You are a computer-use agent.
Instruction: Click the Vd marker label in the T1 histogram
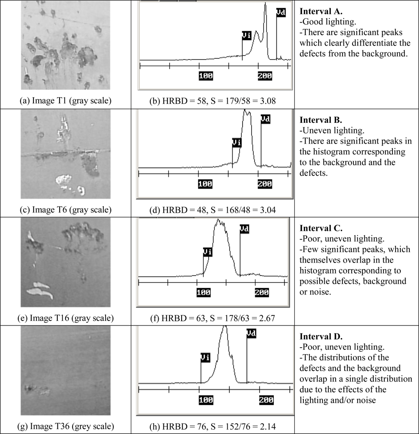pos(281,13)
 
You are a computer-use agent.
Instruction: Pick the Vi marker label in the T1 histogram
pos(246,36)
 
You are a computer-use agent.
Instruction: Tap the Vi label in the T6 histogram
pos(236,143)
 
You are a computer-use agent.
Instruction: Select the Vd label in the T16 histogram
pos(244,228)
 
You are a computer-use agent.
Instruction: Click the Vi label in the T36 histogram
pos(205,357)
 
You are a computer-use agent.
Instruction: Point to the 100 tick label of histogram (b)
pos(206,76)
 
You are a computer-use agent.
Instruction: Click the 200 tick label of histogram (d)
pos(264,184)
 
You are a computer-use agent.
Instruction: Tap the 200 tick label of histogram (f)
pos(262,292)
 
